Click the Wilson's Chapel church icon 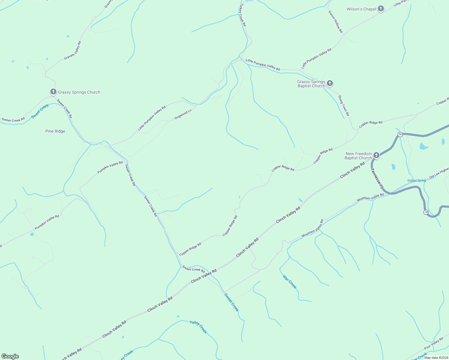coord(381,9)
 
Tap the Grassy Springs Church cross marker coord(53,92)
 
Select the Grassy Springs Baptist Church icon coord(330,83)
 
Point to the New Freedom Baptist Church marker coord(376,155)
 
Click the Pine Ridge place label coord(55,131)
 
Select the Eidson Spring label coord(417,181)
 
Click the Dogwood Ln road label coord(183,114)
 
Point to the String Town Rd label coord(344,106)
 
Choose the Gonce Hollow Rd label coord(336,22)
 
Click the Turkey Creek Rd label coord(242,15)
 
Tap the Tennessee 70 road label coord(377,178)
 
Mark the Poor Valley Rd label coord(434,343)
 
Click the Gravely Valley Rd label coord(73,50)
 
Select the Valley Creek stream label coord(198,327)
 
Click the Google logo coord(10,356)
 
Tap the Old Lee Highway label coord(439,174)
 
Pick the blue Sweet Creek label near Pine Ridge coord(40,111)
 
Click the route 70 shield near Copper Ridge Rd coord(400,135)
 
